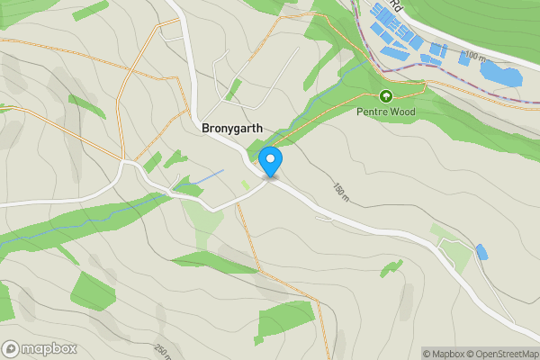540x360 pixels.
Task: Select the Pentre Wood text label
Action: click(x=386, y=111)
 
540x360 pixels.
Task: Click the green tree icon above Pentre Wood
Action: click(x=386, y=96)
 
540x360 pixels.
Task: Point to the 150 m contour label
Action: click(x=338, y=191)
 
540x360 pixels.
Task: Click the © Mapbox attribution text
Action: click(x=443, y=354)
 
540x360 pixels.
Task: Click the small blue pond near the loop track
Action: click(x=481, y=252)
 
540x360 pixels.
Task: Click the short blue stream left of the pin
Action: click(x=209, y=175)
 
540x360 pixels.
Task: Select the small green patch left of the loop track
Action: click(x=391, y=267)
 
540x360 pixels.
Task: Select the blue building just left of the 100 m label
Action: click(x=438, y=49)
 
